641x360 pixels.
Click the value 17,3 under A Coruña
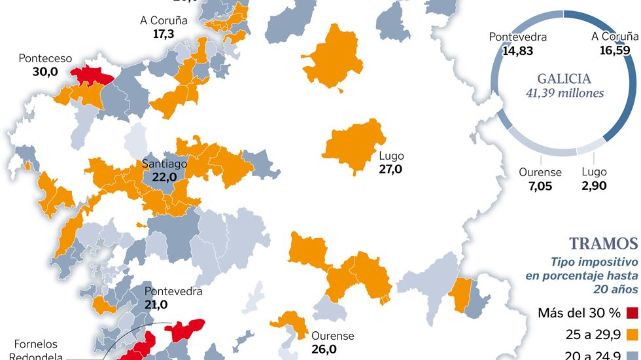tap(164, 33)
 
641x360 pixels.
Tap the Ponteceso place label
tap(45, 58)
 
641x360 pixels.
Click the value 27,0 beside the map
tap(390, 169)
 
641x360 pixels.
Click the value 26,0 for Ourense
tap(324, 349)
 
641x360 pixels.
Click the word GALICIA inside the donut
tap(564, 79)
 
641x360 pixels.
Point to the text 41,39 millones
tap(564, 93)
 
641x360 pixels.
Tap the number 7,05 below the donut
tap(540, 186)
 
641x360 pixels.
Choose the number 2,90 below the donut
tap(594, 186)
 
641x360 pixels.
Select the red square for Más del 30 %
tap(632, 312)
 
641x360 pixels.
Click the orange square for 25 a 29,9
tap(632, 335)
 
